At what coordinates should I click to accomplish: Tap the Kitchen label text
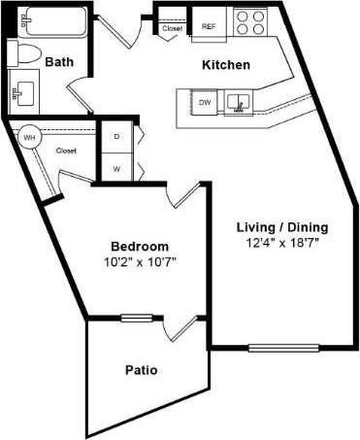225,65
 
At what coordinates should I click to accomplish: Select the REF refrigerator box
209,27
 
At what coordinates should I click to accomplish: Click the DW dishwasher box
205,102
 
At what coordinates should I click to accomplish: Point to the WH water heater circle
28,138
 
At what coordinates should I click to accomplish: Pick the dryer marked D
116,137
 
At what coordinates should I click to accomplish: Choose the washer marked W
116,167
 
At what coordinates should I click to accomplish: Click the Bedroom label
139,246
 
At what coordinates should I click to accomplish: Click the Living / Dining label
282,227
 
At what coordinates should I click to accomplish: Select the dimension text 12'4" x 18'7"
283,243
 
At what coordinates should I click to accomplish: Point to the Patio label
141,370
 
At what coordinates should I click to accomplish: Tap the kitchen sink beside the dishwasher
236,101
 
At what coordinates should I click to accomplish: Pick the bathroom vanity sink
22,92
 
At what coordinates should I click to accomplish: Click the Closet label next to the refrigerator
173,28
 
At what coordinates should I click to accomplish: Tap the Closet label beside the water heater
66,151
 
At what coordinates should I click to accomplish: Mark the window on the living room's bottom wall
271,348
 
